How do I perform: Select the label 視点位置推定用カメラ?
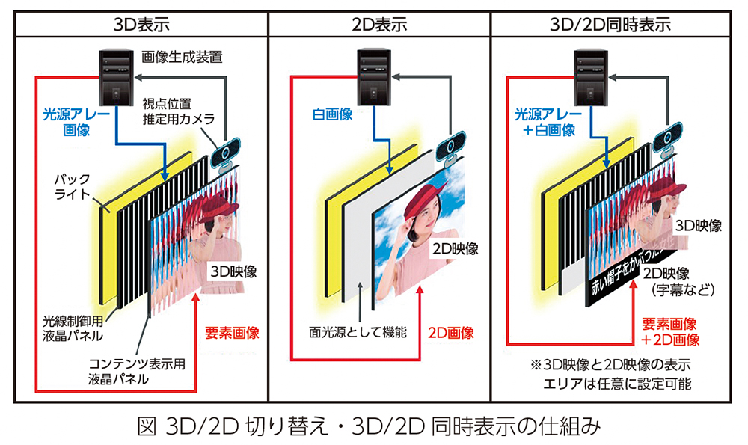tap(178, 111)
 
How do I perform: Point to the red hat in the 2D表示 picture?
tap(423, 197)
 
